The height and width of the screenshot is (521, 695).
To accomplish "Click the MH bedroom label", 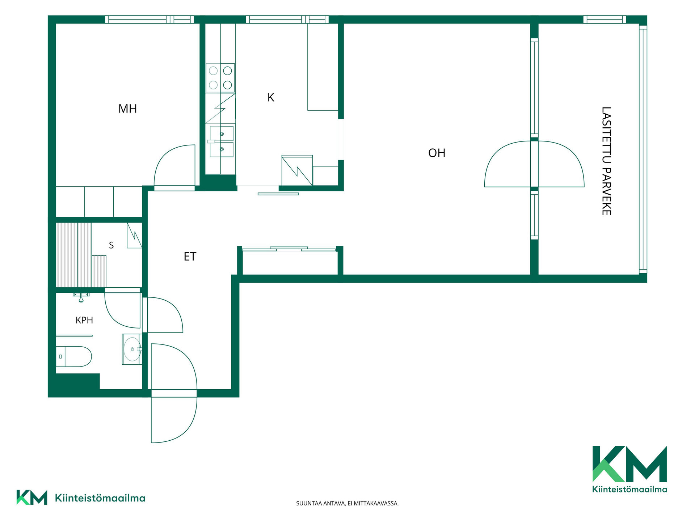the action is (x=127, y=109).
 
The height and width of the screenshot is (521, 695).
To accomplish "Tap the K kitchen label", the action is (x=271, y=97).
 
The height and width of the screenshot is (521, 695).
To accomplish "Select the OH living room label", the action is (x=437, y=153).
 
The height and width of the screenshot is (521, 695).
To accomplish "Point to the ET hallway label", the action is (x=190, y=257).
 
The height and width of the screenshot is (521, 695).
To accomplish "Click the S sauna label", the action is (x=111, y=245).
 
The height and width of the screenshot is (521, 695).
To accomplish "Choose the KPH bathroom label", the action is (x=84, y=320).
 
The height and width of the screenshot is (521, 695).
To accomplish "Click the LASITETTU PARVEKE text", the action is (x=606, y=161).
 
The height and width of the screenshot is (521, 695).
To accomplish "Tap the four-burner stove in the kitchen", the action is (x=220, y=78).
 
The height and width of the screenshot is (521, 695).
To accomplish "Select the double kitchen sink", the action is (x=221, y=141).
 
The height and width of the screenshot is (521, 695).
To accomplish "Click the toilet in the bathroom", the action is (x=73, y=356).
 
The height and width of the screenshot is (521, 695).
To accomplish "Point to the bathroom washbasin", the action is (x=132, y=349).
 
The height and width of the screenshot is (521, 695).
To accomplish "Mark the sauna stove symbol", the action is (x=134, y=235).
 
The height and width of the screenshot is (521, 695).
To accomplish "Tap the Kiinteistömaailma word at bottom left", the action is (x=100, y=498).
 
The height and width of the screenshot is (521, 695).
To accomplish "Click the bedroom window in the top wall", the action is (x=149, y=20).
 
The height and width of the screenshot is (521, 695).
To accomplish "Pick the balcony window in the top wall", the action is (x=605, y=20).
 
